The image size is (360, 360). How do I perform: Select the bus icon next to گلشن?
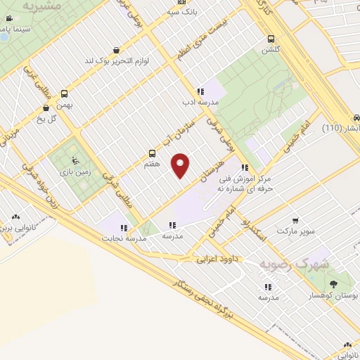click(x=270, y=39)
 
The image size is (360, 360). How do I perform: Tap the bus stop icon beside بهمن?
click(x=65, y=94)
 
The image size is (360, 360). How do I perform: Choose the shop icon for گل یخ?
click(x=46, y=108)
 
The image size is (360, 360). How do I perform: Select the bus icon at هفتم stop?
click(x=152, y=153)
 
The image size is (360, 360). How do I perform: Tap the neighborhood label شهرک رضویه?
click(x=284, y=264)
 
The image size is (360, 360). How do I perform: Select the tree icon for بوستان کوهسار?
click(x=334, y=285)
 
